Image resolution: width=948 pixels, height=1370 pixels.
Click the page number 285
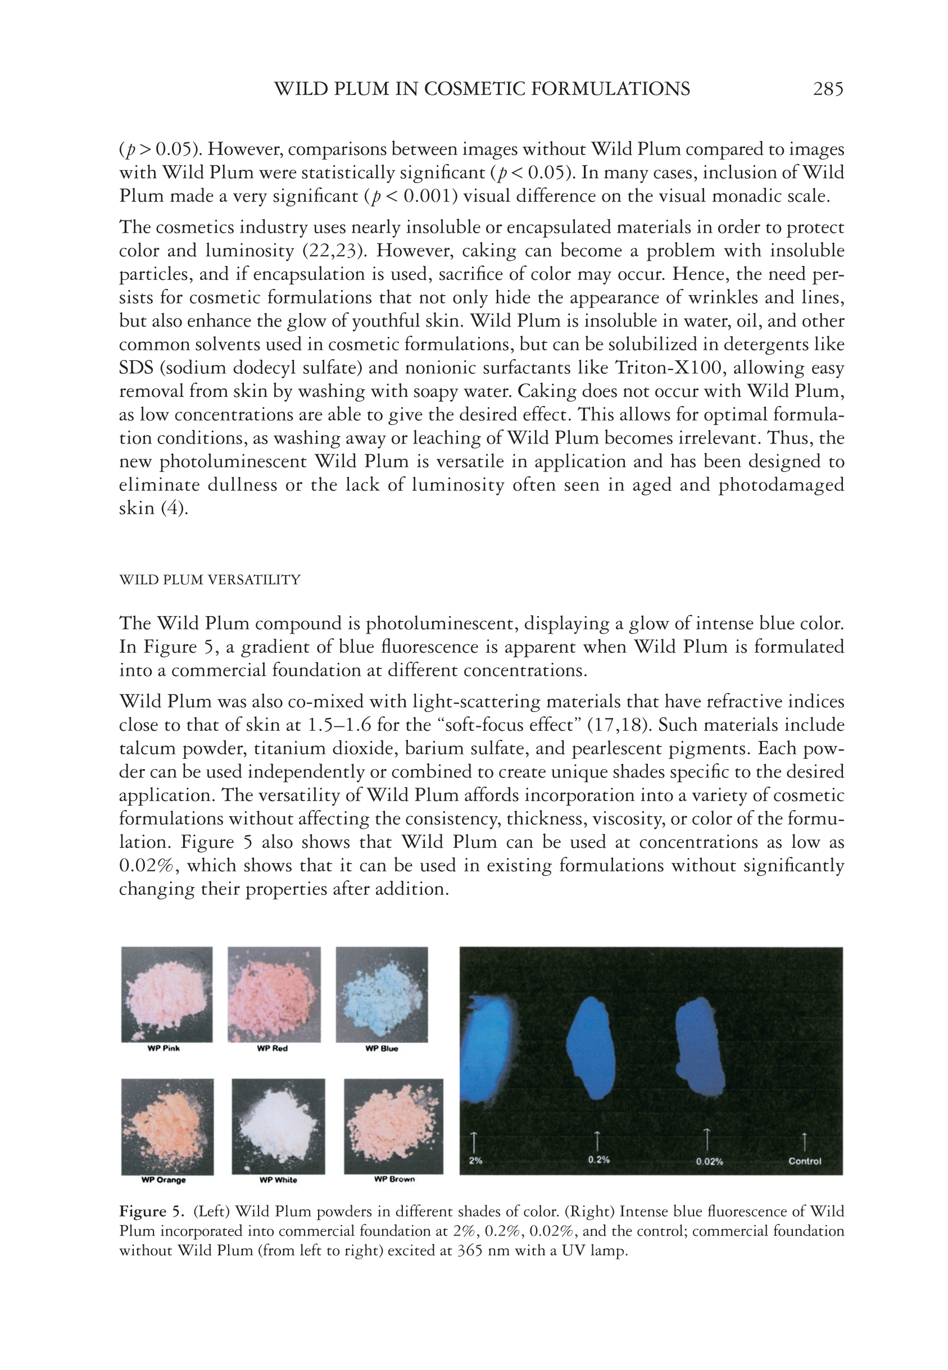click(x=827, y=89)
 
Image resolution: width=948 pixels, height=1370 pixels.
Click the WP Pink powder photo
click(x=167, y=994)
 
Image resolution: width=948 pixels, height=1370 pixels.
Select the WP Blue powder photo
click(x=382, y=994)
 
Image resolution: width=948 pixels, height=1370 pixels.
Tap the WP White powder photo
click(x=278, y=1126)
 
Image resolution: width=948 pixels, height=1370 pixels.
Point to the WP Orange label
click(x=164, y=1180)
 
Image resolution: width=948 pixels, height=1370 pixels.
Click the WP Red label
click(x=272, y=1048)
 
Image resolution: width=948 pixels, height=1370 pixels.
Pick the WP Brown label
click(x=394, y=1179)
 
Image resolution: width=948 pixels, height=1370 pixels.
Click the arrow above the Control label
click(x=804, y=1141)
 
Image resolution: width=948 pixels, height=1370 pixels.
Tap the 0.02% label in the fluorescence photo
click(x=709, y=1161)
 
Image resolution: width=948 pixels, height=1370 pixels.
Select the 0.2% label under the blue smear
click(x=598, y=1160)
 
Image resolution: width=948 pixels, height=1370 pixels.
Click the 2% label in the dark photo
click(x=475, y=1160)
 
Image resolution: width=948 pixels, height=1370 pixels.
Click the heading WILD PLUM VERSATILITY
click(x=210, y=580)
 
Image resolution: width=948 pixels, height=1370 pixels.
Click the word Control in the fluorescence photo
click(x=804, y=1161)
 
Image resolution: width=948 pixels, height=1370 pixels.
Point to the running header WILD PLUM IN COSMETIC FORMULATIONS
click(x=482, y=89)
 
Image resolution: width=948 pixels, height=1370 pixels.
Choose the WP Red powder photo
click(x=274, y=994)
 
